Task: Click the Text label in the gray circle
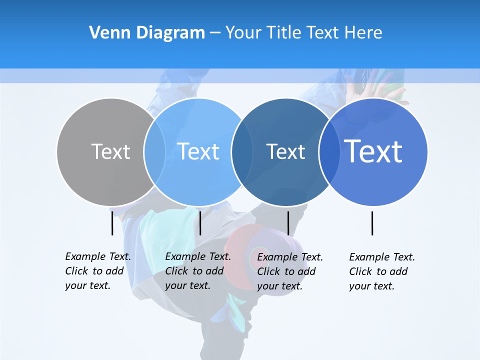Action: [110, 151]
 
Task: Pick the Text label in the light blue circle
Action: [198, 151]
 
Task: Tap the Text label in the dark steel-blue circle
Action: [285, 151]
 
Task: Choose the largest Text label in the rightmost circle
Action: [373, 151]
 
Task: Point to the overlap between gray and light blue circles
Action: [154, 151]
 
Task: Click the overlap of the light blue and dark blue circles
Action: [242, 151]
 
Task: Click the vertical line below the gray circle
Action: [112, 223]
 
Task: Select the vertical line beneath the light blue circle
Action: [200, 223]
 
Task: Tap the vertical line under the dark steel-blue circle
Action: [288, 223]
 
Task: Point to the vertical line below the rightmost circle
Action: [372, 223]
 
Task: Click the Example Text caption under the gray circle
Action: [97, 271]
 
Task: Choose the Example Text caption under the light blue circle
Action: [197, 271]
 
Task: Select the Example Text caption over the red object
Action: [289, 271]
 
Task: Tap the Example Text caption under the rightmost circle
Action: [381, 271]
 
